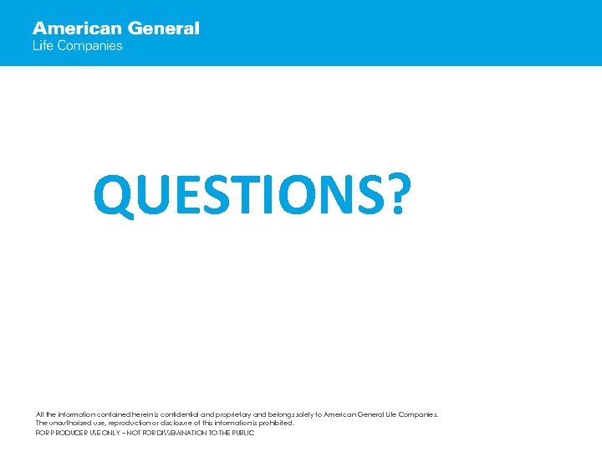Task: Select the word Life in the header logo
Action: pyautogui.click(x=42, y=46)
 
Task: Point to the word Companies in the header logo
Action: pyautogui.click(x=89, y=46)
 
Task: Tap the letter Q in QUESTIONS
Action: pyautogui.click(x=113, y=194)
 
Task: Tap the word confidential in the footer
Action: pyautogui.click(x=183, y=414)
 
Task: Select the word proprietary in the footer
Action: pyautogui.click(x=232, y=414)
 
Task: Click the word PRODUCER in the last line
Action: pyautogui.click(x=66, y=433)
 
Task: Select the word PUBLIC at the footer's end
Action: pyautogui.click(x=242, y=433)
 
